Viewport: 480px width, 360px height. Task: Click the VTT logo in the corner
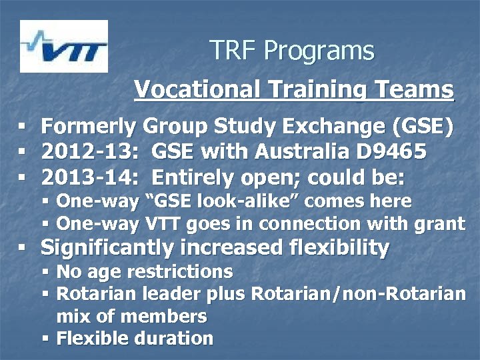pos(63,46)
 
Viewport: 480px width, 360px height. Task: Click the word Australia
pos(293,152)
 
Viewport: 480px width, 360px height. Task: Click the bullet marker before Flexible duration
pos(46,338)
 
